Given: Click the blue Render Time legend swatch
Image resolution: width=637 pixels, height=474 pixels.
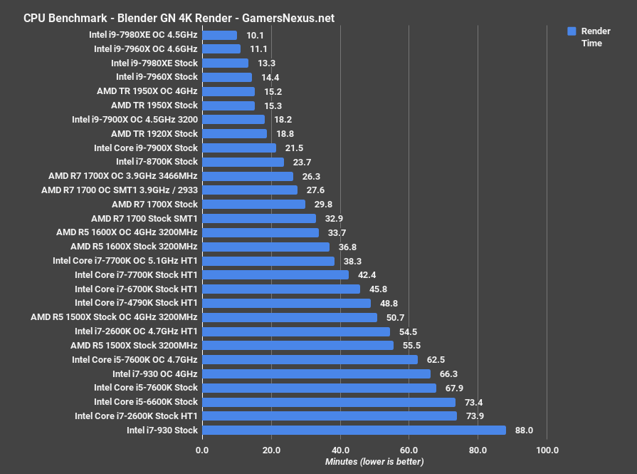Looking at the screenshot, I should (571, 31).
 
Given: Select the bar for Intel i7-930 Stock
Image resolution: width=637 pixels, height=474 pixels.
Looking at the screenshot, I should (354, 431).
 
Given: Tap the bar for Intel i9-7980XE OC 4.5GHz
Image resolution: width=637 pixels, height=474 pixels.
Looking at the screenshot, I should (220, 35).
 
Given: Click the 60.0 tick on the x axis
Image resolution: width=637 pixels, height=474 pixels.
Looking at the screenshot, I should (409, 450).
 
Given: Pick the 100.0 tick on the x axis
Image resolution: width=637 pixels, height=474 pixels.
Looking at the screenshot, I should (547, 450).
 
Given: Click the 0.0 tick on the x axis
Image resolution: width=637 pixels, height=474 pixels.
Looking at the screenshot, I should (202, 450).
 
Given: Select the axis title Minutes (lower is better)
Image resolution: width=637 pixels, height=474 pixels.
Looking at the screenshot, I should (374, 462).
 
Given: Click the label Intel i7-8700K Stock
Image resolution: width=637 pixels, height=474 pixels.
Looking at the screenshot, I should (157, 162).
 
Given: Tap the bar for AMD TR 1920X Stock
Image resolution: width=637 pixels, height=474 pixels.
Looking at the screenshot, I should (235, 134).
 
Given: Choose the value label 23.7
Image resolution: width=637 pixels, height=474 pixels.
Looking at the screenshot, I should (302, 162).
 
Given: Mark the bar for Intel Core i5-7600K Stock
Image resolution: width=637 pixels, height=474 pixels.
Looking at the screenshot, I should (319, 388).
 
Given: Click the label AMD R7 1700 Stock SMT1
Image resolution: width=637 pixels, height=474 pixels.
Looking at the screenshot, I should (144, 218).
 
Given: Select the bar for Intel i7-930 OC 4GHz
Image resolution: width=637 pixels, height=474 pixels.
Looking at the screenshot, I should (316, 373).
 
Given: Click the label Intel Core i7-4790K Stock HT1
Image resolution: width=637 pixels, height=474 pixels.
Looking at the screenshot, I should (136, 303).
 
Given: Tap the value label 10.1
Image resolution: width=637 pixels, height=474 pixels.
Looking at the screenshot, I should (255, 35).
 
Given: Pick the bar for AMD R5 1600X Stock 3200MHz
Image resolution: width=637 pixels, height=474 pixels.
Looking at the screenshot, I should (265, 247).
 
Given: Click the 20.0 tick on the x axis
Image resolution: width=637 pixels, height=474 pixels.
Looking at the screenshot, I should (270, 450).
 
